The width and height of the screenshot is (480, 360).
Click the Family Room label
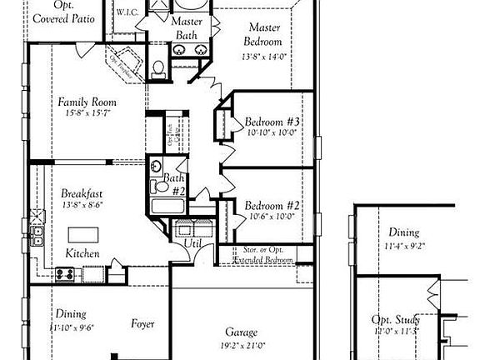click(87, 102)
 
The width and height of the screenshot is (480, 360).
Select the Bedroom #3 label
click(272, 122)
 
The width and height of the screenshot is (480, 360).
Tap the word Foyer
click(142, 322)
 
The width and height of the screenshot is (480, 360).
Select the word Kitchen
click(82, 253)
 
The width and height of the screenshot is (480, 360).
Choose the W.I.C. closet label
click(127, 12)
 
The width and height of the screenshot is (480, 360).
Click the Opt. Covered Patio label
click(63, 12)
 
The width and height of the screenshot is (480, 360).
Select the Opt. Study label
click(395, 320)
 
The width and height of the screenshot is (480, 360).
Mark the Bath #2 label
click(174, 182)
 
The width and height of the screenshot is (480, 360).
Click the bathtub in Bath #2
click(169, 207)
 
